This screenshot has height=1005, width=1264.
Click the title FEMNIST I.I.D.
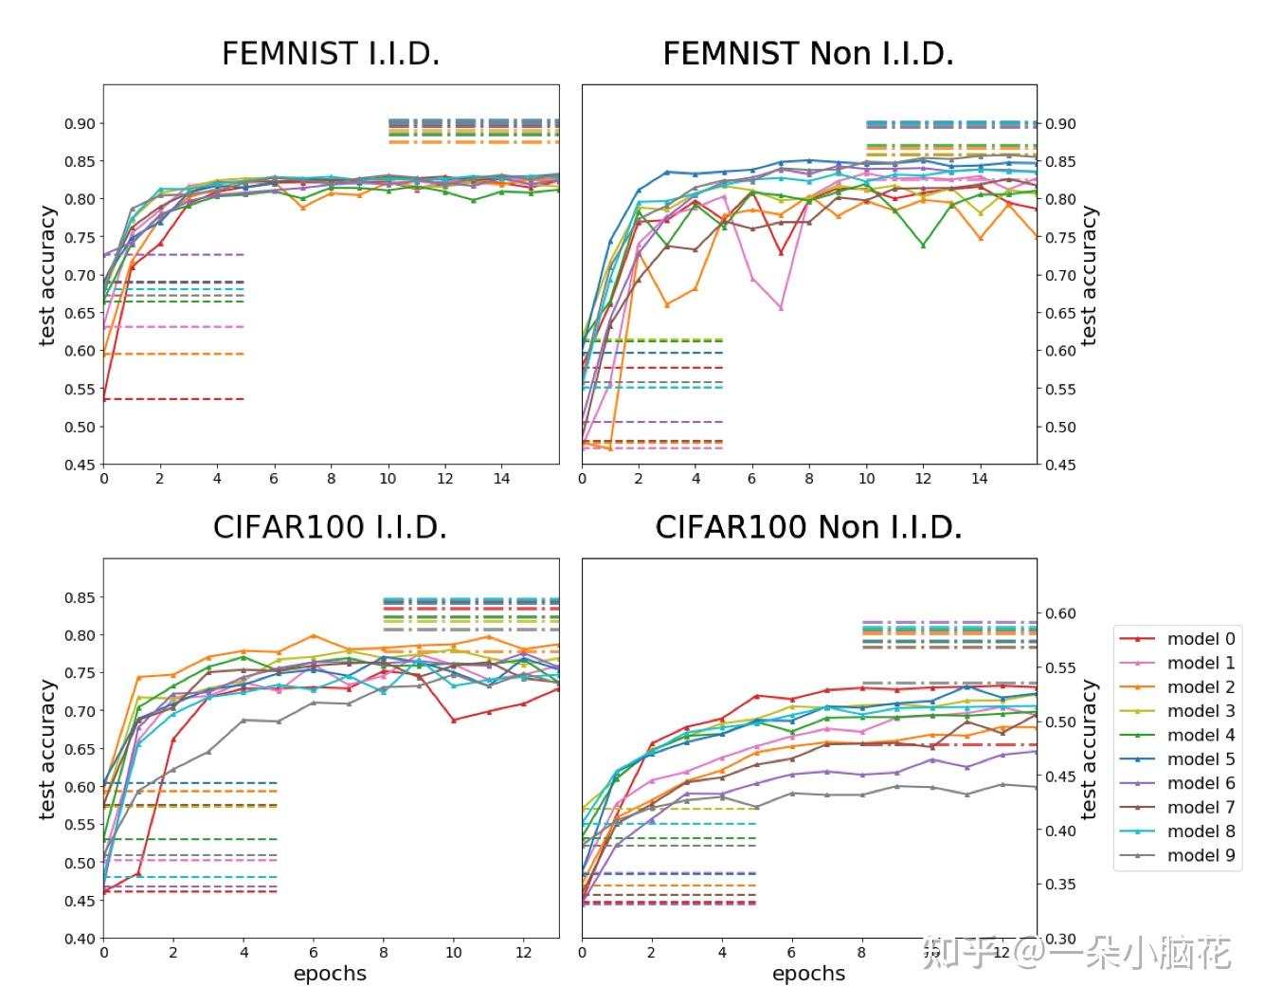330,54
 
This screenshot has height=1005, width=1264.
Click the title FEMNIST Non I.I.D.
807,54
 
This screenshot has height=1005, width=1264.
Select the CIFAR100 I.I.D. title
330,527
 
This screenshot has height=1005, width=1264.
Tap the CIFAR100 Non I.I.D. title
807,527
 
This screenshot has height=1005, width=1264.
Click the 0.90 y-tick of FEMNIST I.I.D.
80,123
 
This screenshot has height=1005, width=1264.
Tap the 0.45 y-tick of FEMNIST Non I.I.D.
1061,465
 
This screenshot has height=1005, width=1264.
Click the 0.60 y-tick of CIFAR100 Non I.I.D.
1061,613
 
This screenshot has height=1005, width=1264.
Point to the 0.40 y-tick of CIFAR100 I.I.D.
80,939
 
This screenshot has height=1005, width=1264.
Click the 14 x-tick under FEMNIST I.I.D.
501,479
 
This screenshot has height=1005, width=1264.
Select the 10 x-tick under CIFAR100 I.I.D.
454,953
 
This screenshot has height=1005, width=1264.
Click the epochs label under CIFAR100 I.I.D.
330,974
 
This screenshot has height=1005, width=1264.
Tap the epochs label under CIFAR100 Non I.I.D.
807,974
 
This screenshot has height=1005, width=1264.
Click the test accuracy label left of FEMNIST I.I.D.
47,275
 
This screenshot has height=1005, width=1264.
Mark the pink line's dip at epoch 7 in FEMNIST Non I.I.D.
781,308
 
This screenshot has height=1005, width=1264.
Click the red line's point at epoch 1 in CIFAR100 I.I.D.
138,873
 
